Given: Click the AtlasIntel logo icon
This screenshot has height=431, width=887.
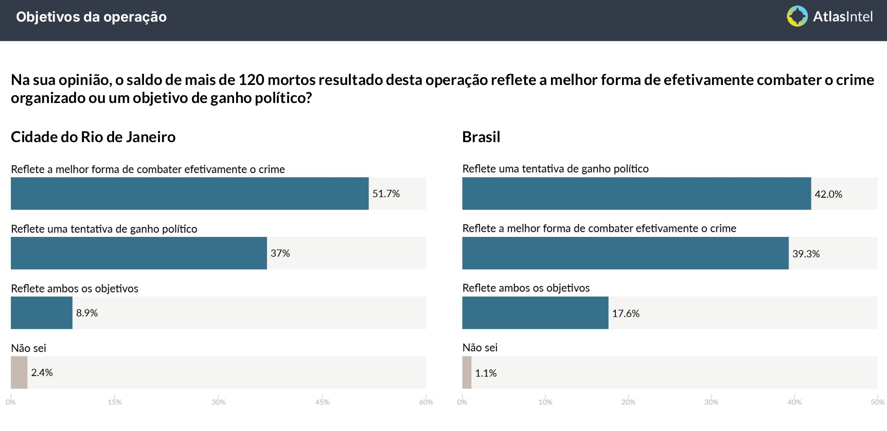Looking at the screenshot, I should [x=797, y=16].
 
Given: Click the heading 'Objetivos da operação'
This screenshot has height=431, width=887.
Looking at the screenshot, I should [x=91, y=17].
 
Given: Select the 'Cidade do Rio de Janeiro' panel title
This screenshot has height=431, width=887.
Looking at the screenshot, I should [x=93, y=137].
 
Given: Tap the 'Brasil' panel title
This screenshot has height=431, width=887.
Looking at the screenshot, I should [x=481, y=137].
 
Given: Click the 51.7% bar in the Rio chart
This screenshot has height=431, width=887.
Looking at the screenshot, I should [x=189, y=194].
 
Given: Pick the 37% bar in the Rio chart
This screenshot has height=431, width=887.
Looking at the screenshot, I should [x=139, y=253].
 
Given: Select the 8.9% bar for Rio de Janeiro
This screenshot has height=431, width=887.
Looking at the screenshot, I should [x=42, y=313].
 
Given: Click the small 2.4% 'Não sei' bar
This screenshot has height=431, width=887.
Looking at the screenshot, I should [x=19, y=372].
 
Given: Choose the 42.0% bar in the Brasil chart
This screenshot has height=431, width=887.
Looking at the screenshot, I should [x=636, y=194].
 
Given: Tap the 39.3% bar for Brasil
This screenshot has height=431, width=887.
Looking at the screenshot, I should [x=625, y=253].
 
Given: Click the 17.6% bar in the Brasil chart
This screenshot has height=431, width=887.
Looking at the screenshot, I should [x=535, y=313].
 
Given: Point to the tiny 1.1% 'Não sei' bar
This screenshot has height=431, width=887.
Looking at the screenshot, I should [x=467, y=372].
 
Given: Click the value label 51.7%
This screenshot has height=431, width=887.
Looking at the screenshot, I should [x=386, y=194].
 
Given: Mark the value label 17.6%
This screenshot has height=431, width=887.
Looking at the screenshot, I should [x=626, y=314].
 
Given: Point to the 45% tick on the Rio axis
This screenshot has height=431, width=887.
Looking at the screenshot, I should [x=322, y=402].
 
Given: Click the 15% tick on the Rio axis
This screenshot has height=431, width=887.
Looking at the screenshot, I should [x=115, y=402].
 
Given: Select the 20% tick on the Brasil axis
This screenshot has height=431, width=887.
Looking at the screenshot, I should [x=628, y=402].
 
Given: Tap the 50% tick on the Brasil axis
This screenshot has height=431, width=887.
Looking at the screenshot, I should [x=877, y=402].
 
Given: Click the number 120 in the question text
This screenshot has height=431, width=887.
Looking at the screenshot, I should [x=251, y=80].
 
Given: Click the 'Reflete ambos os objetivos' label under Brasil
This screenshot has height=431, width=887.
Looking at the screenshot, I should [x=526, y=288].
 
